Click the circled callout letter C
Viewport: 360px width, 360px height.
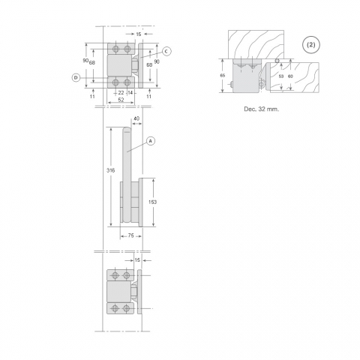point(166,52)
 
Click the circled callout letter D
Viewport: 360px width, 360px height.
point(76,78)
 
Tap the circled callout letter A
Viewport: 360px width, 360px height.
point(151,141)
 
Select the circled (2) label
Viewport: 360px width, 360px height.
point(311,45)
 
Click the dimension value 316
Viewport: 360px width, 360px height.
point(110,170)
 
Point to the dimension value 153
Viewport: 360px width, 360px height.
point(152,202)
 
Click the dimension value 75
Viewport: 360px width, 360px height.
point(130,235)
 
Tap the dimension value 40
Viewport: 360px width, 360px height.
point(136,118)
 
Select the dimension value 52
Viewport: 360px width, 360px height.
point(121,100)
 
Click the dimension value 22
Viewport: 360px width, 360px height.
point(121,93)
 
